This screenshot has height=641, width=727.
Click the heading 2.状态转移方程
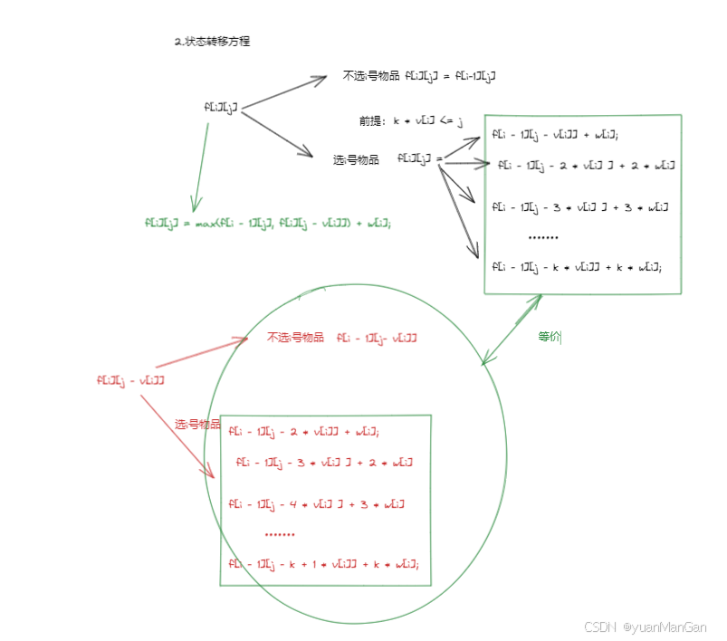pos(211,42)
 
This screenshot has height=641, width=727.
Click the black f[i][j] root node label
pos(221,108)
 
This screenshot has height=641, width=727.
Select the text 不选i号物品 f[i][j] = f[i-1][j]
pos(419,76)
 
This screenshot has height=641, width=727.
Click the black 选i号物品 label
pos(356,159)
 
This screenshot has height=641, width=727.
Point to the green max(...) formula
pos(268,222)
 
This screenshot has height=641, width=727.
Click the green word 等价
pos(550,336)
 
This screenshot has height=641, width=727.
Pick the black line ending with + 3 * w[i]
pos(580,207)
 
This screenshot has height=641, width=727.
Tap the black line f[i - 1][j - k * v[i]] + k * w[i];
pos(577,266)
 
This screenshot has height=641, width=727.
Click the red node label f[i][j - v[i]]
pos(130,380)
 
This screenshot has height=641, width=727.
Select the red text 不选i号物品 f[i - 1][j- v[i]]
pos(341,338)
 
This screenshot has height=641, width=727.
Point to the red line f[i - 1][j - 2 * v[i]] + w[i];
pos(303,431)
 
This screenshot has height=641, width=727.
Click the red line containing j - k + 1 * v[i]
pos(323,564)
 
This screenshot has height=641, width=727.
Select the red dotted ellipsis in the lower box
pos(280,534)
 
